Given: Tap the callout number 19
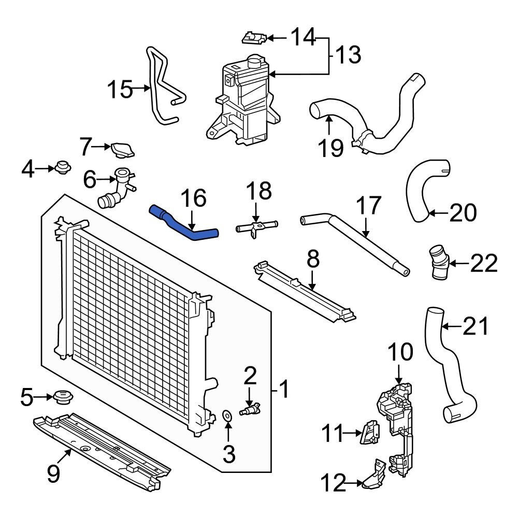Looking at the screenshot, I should pos(331,147).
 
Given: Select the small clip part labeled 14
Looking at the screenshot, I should pos(254,37).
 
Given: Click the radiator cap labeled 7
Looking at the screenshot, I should pos(122,150).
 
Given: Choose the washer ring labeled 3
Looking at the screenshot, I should pos(227,415).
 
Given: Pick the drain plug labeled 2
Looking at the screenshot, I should pos(250,410).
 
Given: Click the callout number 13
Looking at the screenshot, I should pos(346,55).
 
